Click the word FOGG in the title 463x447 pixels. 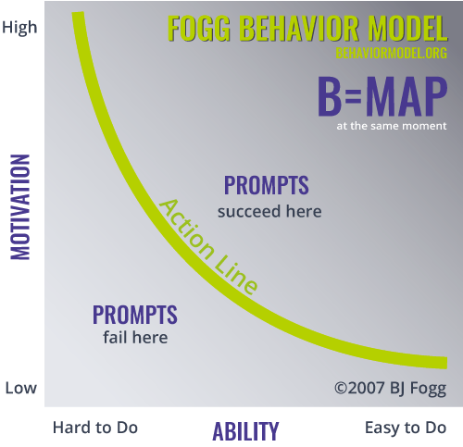(x=199, y=29)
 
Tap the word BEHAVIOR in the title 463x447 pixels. (x=299, y=29)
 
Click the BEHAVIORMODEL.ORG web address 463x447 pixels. (x=392, y=53)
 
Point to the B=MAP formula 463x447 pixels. (x=382, y=96)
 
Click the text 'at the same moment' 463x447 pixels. (x=392, y=126)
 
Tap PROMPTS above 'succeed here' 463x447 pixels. (x=266, y=185)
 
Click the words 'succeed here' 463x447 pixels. (x=269, y=212)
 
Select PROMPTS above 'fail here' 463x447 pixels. (x=135, y=315)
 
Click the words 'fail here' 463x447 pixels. (x=135, y=337)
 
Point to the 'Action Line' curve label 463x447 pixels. (x=207, y=247)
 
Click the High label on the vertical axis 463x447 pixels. (x=19, y=28)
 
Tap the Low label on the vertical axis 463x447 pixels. (x=21, y=388)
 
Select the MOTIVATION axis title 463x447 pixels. (x=20, y=207)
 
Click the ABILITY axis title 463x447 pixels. (x=245, y=431)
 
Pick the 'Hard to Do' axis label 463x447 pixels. (x=95, y=428)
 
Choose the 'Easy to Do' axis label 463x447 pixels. (x=406, y=428)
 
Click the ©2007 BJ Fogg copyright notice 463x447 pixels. (x=391, y=389)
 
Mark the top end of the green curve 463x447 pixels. (x=78, y=13)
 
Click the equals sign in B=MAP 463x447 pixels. (x=353, y=96)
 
